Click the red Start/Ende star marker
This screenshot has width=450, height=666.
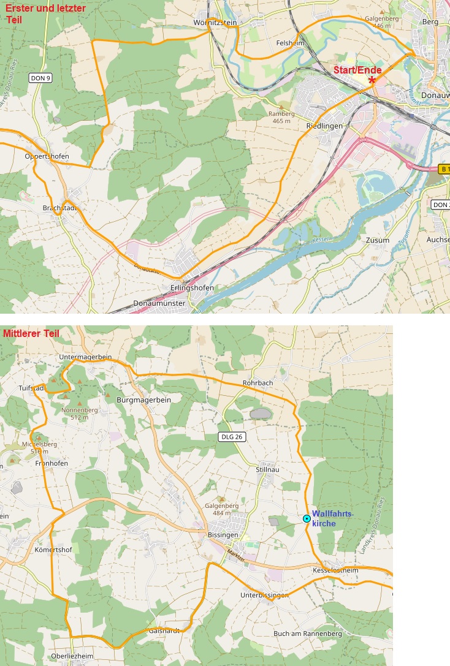tap(372, 80)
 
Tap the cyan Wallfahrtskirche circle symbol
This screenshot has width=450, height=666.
tap(307, 519)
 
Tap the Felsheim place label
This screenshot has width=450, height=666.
tap(291, 43)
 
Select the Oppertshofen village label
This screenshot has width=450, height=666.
tap(47, 156)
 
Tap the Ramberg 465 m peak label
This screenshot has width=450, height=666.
tap(282, 117)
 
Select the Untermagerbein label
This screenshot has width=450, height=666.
tap(86, 357)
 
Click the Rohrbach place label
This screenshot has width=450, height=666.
tap(257, 384)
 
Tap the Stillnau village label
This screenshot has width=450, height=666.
tap(267, 469)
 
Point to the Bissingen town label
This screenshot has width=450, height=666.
tap(223, 535)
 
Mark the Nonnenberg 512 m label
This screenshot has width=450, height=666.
tap(80, 413)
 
